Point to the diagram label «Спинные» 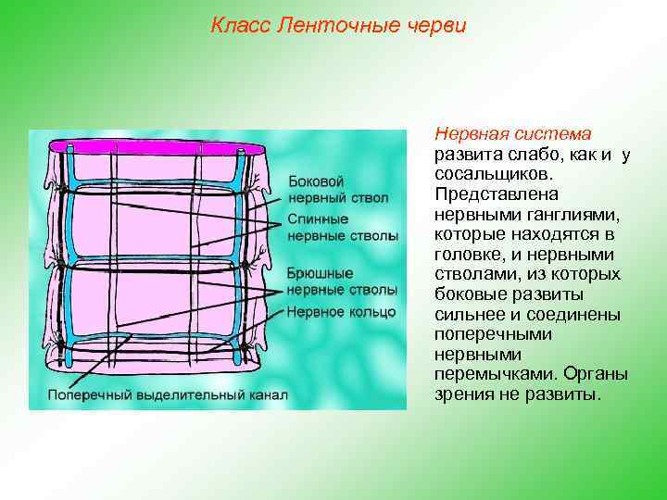318,219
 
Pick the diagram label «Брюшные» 320,273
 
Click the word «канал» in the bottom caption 267,394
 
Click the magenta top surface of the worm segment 148,147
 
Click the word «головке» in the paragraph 464,255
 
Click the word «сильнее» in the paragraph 470,315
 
